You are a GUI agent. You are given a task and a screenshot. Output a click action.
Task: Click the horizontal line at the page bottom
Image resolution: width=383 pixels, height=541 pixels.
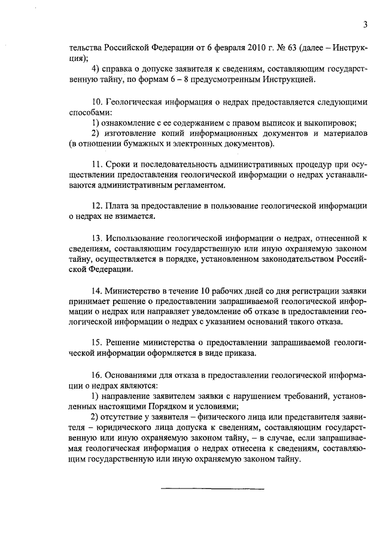pyautogui.click(x=213, y=490)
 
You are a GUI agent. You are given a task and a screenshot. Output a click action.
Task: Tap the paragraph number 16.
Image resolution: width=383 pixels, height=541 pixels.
pyautogui.click(x=98, y=375)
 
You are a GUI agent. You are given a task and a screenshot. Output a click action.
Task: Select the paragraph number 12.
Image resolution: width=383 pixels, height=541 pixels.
pyautogui.click(x=98, y=205)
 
